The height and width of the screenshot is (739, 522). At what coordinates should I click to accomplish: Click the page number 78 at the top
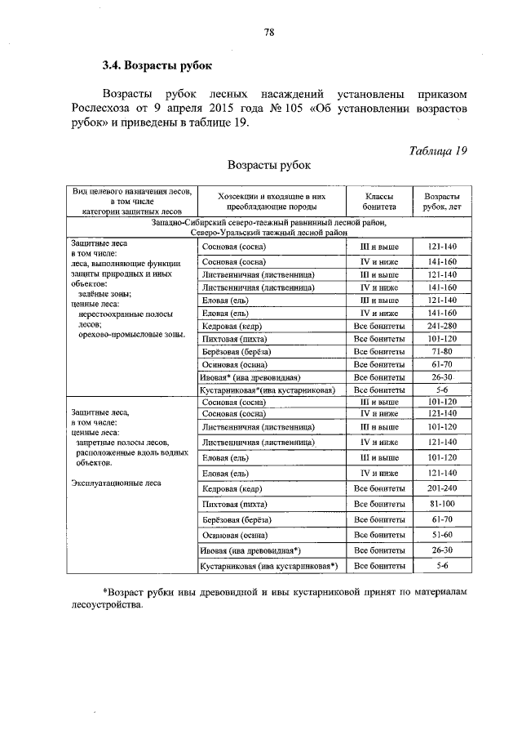[268, 33]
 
